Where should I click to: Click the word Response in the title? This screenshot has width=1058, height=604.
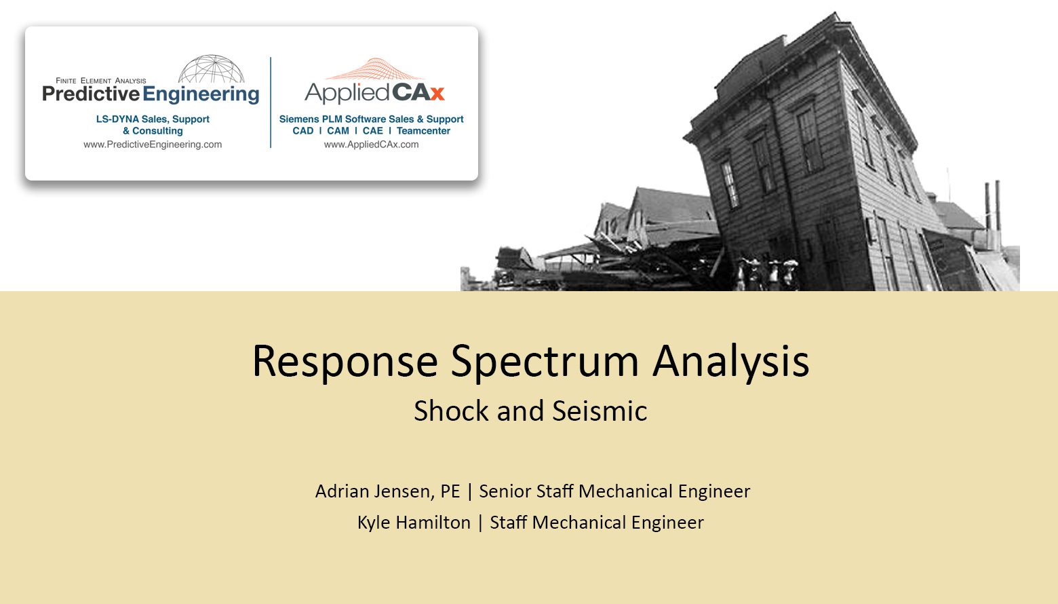[345, 362]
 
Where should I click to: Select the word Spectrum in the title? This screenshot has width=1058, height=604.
[545, 362]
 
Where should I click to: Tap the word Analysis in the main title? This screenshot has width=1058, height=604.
[730, 362]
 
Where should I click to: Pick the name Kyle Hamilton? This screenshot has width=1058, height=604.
[414, 523]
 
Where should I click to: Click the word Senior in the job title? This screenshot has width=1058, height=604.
[505, 491]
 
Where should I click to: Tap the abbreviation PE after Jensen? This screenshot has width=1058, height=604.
[450, 491]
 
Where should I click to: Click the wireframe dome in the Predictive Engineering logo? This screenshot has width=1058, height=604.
[212, 69]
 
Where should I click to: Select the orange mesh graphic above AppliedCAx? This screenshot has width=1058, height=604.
[374, 69]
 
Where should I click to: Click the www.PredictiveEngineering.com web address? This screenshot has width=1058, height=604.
[153, 145]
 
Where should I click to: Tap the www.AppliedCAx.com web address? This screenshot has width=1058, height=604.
[371, 145]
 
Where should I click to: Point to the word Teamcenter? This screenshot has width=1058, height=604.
[423, 131]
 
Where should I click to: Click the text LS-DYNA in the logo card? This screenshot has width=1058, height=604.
[117, 119]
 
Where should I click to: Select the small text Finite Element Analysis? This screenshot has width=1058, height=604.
[101, 81]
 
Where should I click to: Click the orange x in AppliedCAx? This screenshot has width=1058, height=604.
[437, 93]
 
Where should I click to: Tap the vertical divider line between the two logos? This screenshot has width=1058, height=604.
[271, 102]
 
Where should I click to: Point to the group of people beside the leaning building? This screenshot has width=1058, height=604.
[769, 272]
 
